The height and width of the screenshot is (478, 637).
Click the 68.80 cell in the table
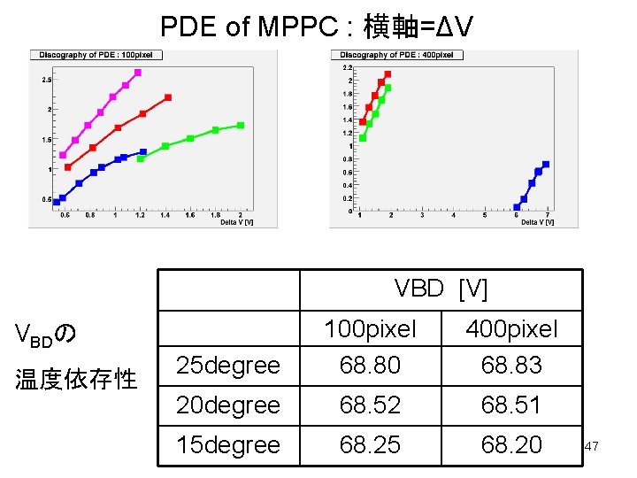(370, 365)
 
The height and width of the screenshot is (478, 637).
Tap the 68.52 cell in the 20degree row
(370, 405)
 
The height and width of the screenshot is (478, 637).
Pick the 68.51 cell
(510, 405)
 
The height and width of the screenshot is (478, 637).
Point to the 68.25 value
(370, 444)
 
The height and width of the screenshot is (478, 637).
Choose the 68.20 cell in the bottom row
(510, 444)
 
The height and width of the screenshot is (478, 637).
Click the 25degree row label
(227, 365)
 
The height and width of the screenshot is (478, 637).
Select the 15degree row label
(227, 444)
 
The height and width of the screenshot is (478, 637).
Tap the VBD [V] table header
(441, 289)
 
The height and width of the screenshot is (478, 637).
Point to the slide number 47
(592, 447)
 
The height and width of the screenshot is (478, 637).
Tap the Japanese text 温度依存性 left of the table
(77, 380)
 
